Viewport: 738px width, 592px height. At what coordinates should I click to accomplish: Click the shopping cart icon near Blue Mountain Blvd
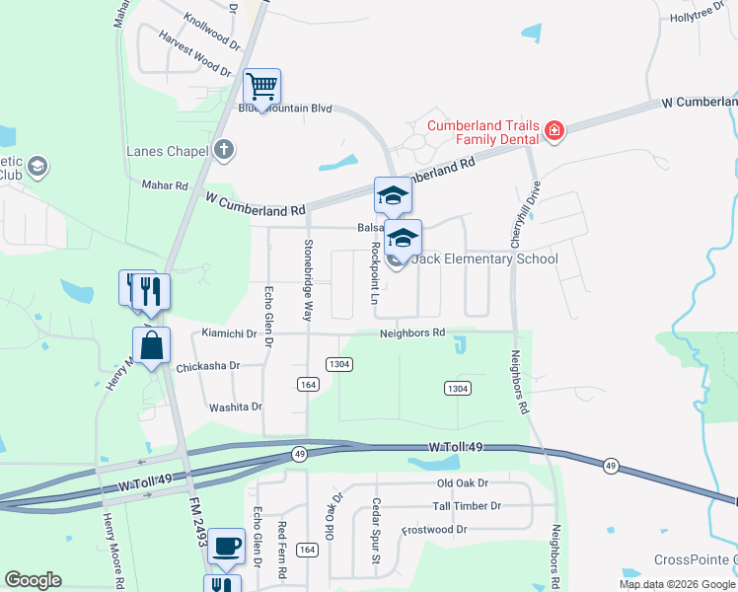click(261, 86)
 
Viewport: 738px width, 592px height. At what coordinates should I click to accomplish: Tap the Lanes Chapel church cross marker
click(224, 151)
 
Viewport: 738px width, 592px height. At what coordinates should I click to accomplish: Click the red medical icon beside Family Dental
click(554, 131)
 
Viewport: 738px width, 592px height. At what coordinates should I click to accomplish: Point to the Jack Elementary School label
click(484, 259)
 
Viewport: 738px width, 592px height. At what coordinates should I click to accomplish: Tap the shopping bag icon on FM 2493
click(151, 346)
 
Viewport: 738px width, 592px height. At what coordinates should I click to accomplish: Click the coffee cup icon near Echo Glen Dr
click(227, 545)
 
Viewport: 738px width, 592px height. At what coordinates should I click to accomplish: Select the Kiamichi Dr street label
click(228, 333)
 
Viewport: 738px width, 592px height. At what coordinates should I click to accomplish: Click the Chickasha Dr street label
click(208, 366)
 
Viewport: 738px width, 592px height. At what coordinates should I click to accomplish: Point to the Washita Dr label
click(235, 407)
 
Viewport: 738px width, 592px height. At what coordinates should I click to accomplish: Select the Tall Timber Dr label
click(467, 506)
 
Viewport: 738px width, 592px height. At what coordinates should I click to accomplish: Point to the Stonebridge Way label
click(308, 280)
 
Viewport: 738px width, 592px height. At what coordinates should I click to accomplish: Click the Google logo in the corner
click(33, 580)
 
